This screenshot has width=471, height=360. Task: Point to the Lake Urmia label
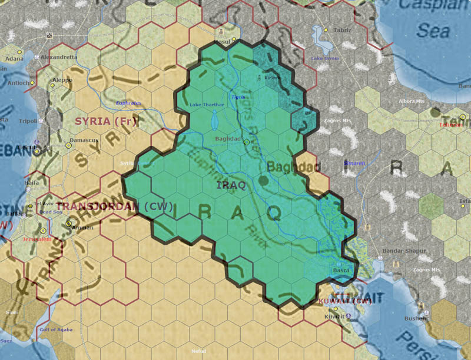(x=325, y=58)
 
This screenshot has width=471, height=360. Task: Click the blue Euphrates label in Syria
(x=129, y=103)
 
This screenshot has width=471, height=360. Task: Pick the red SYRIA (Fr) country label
(x=106, y=121)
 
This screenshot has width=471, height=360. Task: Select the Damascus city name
(x=84, y=140)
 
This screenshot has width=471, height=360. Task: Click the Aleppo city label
(x=62, y=79)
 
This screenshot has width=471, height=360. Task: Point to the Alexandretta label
(x=59, y=57)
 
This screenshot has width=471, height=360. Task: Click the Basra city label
(x=342, y=270)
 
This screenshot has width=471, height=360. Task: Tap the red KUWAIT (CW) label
(x=345, y=301)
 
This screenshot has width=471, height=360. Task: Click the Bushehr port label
(x=416, y=318)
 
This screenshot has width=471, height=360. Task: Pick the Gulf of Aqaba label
(x=56, y=329)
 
